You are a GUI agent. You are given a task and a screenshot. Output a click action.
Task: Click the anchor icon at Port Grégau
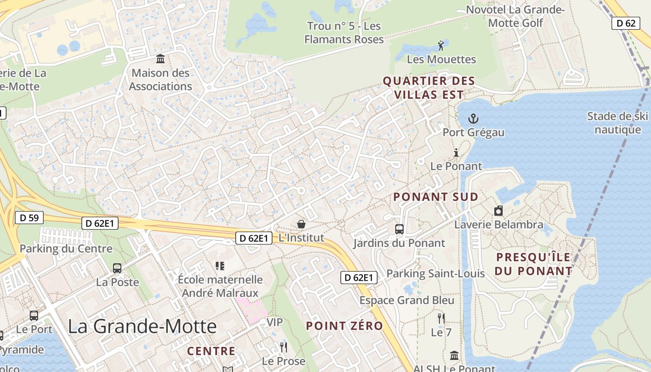473,119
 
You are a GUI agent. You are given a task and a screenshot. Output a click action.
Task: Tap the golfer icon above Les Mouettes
441,46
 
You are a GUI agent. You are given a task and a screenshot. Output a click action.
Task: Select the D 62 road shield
626,23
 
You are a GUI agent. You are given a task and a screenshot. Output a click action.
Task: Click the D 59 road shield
29,217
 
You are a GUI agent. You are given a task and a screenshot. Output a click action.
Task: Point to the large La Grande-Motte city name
142,326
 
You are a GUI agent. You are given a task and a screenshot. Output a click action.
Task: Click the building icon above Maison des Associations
160,59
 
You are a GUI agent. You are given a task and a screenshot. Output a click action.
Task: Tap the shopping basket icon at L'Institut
301,225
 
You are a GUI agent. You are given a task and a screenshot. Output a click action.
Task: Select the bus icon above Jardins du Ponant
399,229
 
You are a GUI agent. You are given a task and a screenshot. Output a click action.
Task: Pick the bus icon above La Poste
117,268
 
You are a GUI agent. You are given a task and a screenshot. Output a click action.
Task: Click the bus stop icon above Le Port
34,316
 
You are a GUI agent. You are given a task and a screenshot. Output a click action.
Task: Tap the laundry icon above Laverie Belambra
498,211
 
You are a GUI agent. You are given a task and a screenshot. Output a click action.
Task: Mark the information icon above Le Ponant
456,153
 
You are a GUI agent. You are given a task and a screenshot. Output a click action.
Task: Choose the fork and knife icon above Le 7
441,319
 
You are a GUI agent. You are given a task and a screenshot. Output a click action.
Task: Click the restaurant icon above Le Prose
283,347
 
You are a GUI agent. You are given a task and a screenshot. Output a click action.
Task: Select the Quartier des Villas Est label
428,87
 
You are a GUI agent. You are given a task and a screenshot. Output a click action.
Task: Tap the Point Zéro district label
344,326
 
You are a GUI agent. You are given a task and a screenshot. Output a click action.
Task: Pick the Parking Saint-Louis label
436,273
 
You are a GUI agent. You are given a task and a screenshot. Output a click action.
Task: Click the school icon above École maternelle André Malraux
220,266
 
